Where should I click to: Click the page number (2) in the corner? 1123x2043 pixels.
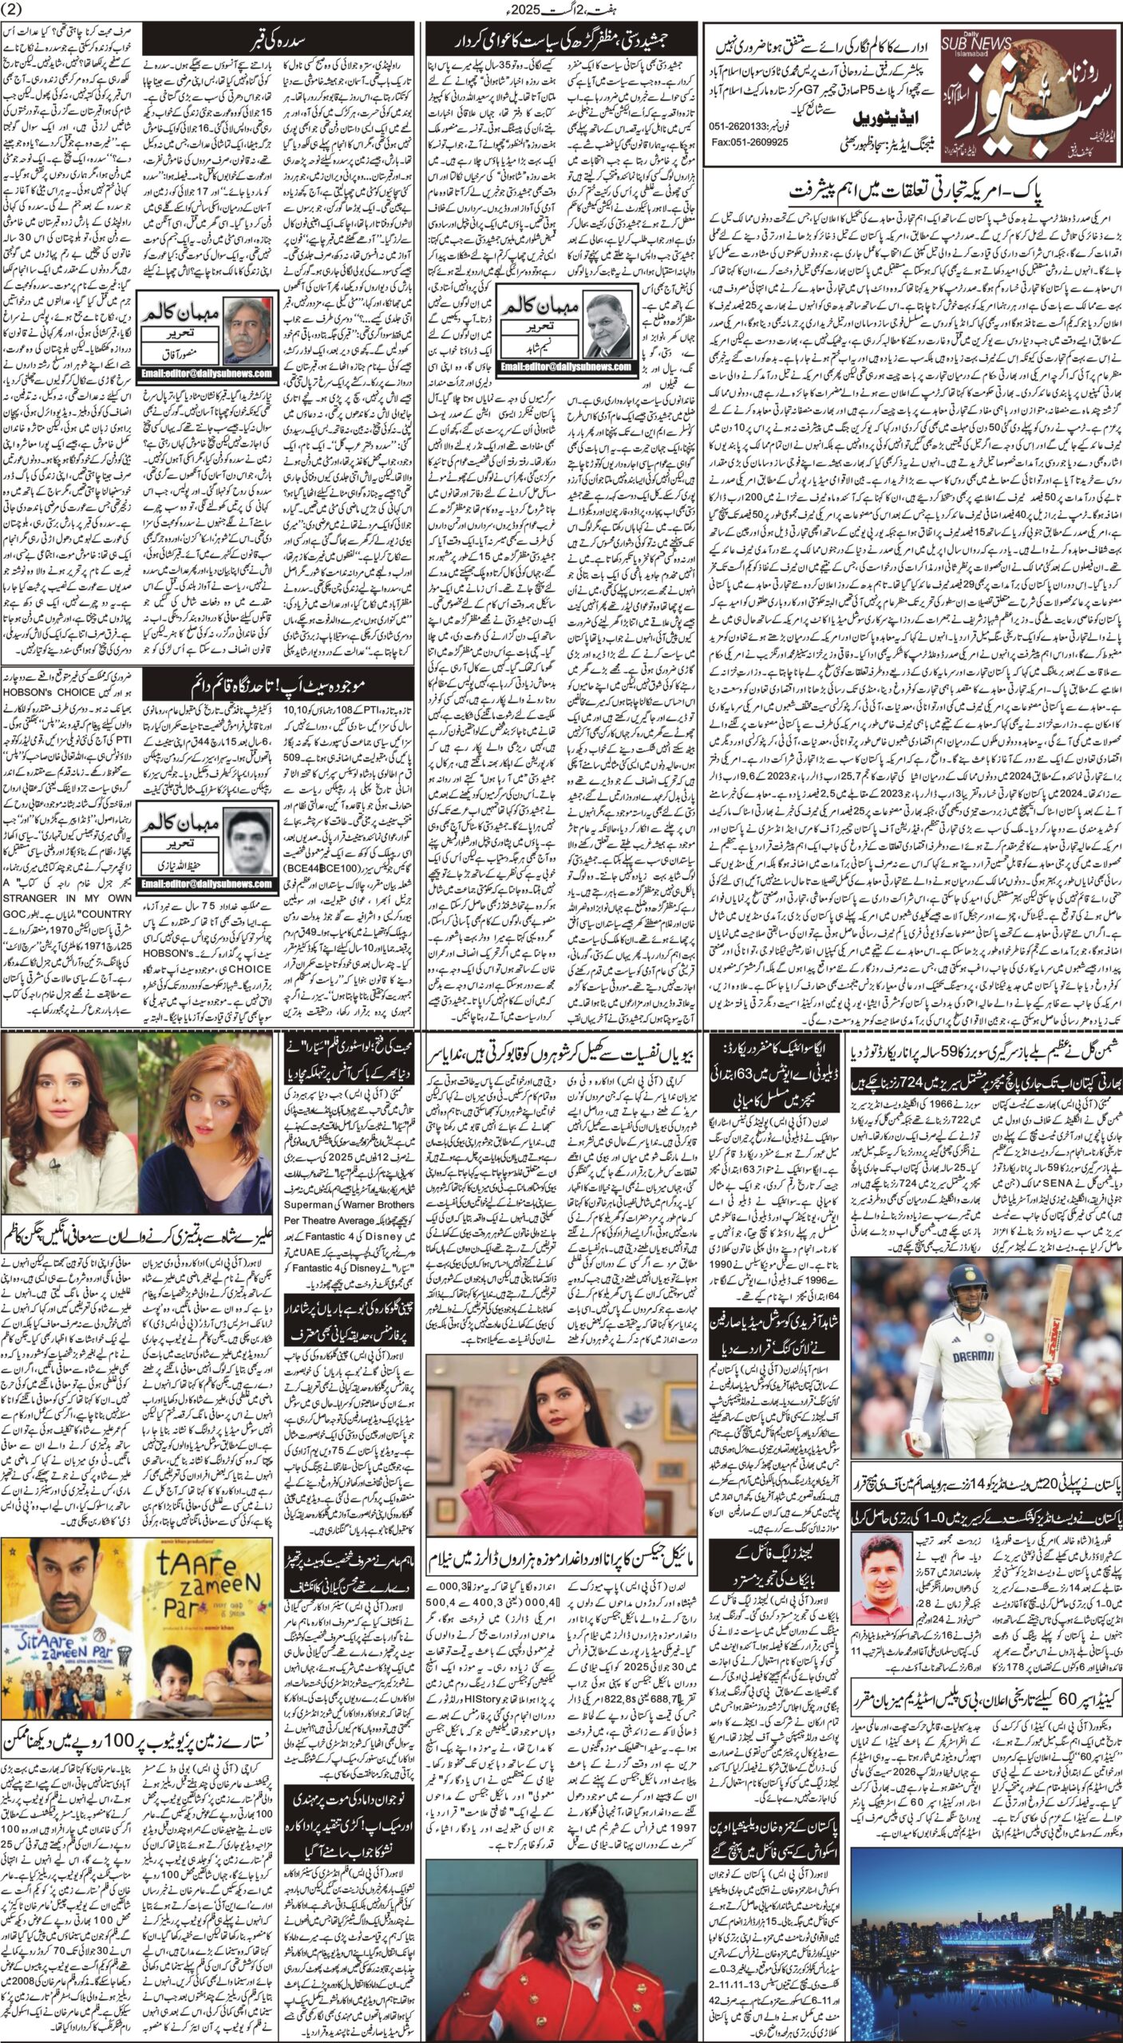[x=15, y=10]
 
